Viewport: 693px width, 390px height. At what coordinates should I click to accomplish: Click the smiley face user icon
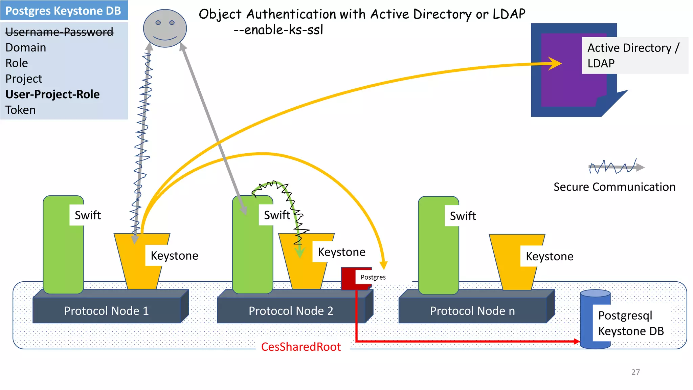[165, 28]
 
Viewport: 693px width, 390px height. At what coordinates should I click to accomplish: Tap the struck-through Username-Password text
[59, 32]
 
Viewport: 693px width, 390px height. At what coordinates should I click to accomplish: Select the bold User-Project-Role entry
[52, 94]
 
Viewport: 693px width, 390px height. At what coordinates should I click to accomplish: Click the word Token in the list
[20, 110]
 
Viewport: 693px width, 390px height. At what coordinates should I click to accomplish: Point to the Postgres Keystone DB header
[63, 11]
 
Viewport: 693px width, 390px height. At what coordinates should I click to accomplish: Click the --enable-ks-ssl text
[278, 30]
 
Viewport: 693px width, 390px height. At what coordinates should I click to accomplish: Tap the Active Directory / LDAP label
[633, 56]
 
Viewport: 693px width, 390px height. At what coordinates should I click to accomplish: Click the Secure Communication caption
[614, 187]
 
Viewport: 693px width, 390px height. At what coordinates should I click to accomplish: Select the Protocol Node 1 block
[106, 311]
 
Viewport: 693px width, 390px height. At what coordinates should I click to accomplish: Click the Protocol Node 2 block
[291, 311]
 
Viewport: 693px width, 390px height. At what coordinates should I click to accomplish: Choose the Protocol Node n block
[472, 311]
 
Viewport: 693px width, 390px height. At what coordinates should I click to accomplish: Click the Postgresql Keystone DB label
[631, 323]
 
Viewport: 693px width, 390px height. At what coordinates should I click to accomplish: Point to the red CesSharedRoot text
[301, 347]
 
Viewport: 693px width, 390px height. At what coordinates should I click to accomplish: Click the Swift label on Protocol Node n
[463, 216]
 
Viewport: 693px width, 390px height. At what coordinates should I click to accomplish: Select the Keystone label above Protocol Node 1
[174, 256]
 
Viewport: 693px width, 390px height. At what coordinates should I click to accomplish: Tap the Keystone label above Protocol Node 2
[341, 252]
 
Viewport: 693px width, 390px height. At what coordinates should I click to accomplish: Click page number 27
[635, 372]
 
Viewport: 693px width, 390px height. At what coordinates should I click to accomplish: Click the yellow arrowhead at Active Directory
[555, 63]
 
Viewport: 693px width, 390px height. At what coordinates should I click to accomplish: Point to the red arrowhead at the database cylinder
[577, 341]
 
